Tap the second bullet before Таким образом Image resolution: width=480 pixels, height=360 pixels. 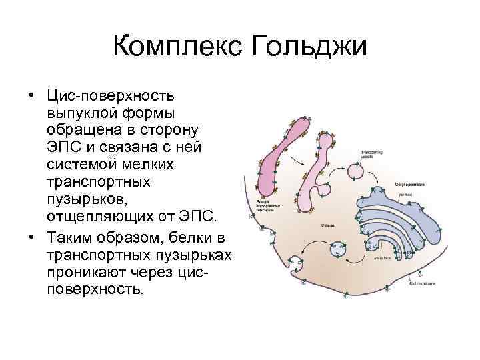click(31, 238)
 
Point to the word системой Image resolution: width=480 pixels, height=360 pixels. click(79, 164)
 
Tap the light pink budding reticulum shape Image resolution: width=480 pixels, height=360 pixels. click(313, 180)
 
